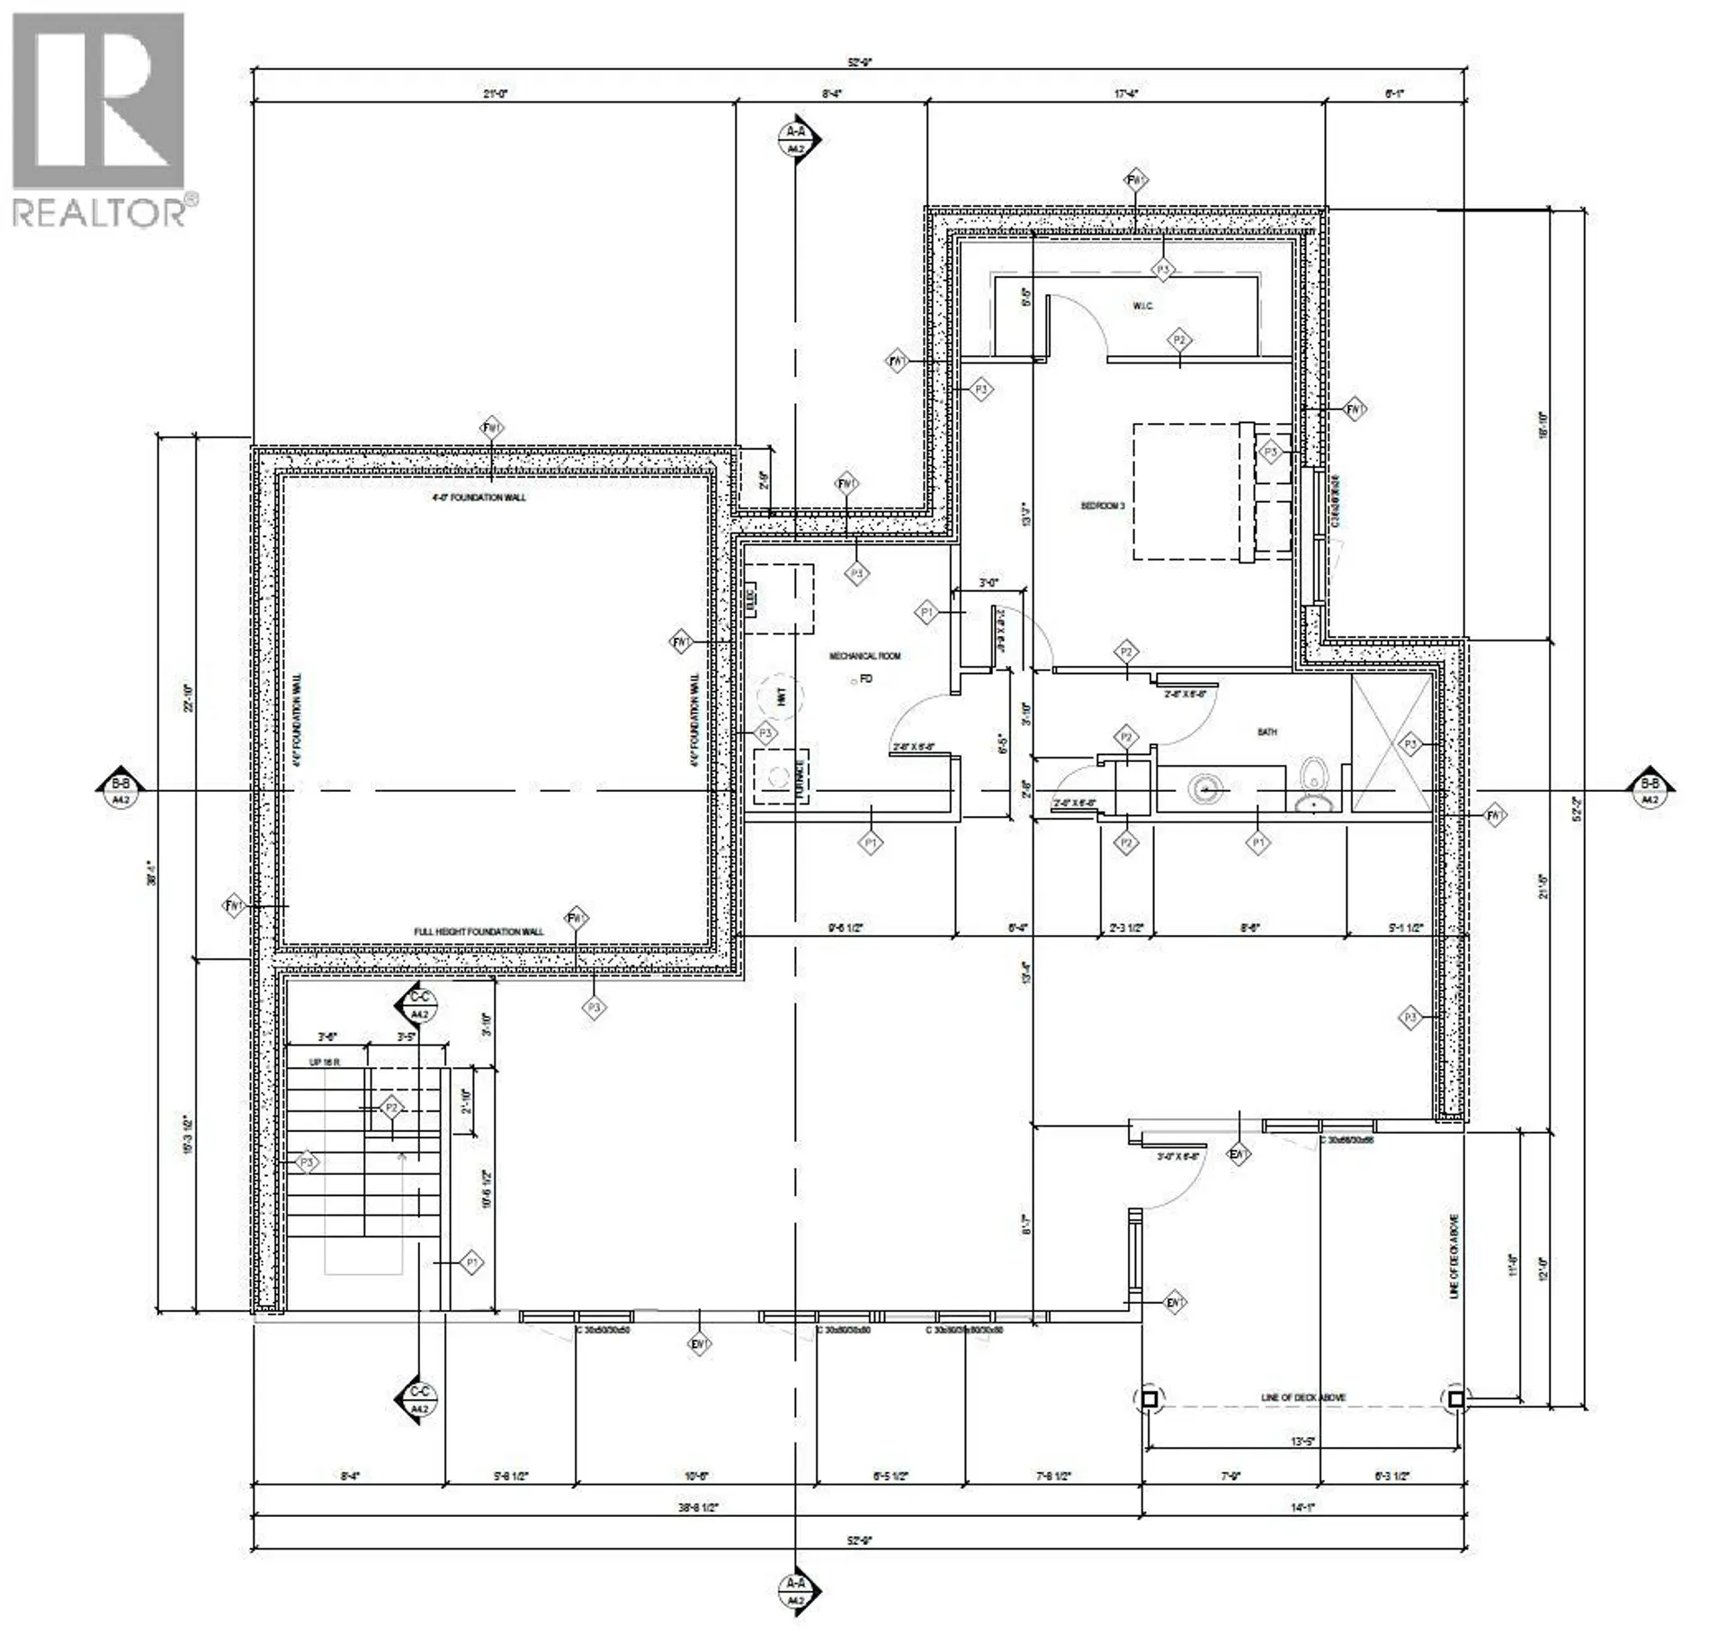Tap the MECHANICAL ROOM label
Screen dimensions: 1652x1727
click(864, 656)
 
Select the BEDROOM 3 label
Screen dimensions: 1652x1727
click(1103, 507)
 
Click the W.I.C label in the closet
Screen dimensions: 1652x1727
click(1142, 307)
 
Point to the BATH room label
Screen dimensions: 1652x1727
click(1266, 732)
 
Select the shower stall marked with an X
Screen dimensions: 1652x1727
click(1391, 743)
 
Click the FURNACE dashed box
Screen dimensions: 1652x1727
click(781, 776)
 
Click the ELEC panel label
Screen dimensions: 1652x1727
click(752, 598)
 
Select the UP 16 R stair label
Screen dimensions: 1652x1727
click(325, 1063)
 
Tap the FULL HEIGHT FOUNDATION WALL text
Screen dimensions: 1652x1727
click(479, 931)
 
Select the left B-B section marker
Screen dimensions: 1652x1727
click(120, 791)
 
